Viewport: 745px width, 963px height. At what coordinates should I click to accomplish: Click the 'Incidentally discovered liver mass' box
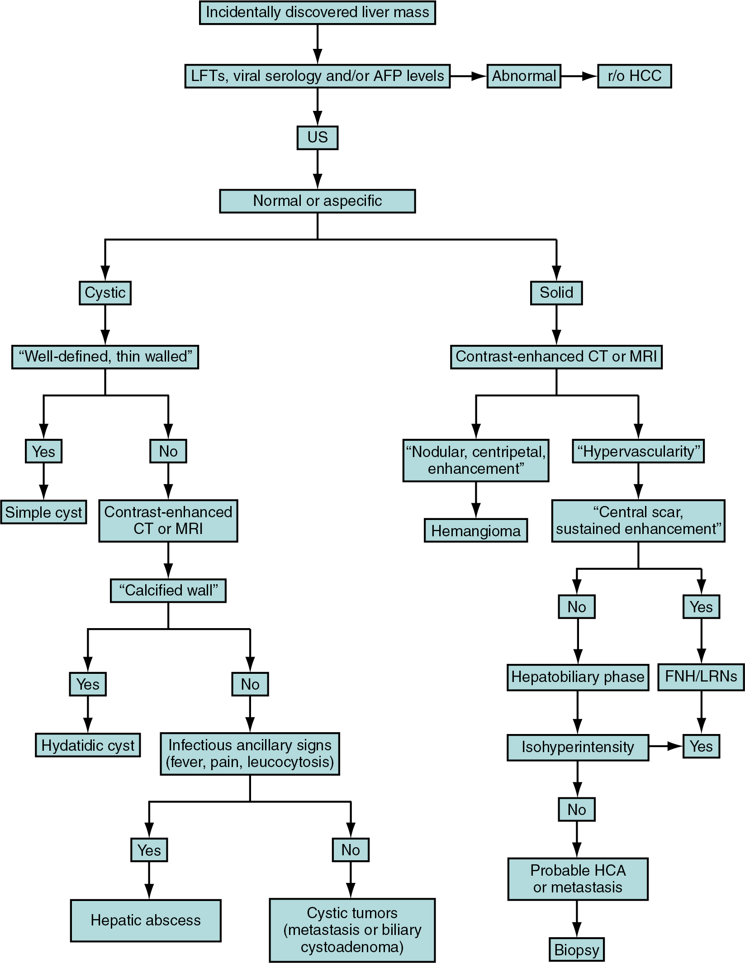click(x=317, y=13)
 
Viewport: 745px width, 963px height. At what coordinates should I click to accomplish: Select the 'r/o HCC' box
click(x=634, y=76)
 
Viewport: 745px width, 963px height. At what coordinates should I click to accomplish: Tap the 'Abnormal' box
click(x=523, y=76)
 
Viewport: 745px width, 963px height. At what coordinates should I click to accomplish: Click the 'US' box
click(x=317, y=138)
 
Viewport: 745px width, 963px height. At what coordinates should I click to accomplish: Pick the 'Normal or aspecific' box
click(x=317, y=201)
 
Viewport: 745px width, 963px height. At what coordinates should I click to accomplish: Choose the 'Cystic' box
click(x=105, y=293)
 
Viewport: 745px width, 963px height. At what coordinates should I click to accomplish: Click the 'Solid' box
click(x=556, y=293)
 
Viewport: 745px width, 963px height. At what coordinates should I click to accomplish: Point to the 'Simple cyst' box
click(x=43, y=512)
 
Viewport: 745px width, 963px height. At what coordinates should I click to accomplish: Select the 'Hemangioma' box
click(x=476, y=530)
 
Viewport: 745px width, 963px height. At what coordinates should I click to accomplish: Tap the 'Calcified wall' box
click(x=168, y=591)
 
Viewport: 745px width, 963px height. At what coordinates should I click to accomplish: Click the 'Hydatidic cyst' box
click(x=88, y=745)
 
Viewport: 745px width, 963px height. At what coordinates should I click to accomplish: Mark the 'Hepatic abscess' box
click(x=146, y=920)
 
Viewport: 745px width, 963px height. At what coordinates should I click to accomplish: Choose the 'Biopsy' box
click(x=577, y=950)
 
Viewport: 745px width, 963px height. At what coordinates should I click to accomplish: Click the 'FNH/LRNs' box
click(x=701, y=677)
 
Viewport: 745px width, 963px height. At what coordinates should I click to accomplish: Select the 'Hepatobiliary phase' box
click(x=578, y=677)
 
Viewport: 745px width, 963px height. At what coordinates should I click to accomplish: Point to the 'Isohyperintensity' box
click(x=578, y=747)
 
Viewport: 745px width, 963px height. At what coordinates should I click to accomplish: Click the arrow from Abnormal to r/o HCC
click(x=579, y=76)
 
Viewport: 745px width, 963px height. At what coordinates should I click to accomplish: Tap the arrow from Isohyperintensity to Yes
click(x=665, y=747)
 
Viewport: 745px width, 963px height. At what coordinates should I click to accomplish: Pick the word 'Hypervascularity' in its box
click(x=638, y=451)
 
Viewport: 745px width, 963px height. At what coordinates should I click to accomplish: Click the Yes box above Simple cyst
click(x=43, y=451)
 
